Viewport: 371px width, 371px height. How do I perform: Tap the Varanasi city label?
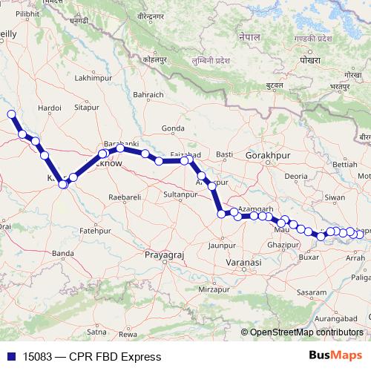245,263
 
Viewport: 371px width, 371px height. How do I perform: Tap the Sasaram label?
311,293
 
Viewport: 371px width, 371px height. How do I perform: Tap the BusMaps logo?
335,355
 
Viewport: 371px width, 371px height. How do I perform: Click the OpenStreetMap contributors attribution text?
306,332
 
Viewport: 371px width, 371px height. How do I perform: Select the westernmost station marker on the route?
11,114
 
